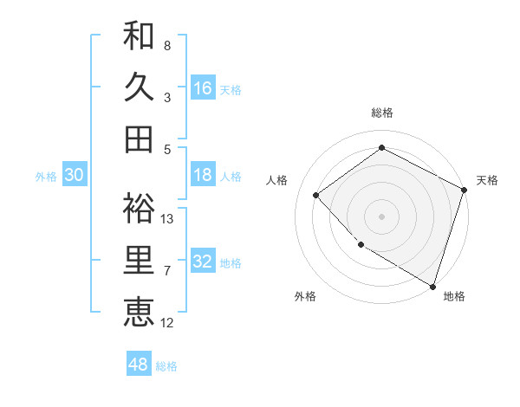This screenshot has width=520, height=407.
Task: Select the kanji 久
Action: point(139,87)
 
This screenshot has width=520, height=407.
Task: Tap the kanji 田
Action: point(139,139)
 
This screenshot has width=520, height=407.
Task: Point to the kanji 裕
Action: point(139,209)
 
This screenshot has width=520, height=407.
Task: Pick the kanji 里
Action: point(139,261)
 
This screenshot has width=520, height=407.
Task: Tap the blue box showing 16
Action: point(203,87)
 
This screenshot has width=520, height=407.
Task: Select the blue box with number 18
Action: point(203,175)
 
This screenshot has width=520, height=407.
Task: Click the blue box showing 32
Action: point(203,262)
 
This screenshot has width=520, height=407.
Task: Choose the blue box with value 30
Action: point(74,175)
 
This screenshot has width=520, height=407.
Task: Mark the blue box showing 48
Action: point(139,365)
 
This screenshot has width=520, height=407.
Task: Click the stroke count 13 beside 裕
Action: point(168,218)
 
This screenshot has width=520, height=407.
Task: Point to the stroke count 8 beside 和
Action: point(167,45)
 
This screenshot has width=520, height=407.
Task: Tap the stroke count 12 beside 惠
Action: point(168,323)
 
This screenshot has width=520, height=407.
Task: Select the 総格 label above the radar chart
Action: point(381,113)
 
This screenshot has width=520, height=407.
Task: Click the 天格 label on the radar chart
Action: point(487,180)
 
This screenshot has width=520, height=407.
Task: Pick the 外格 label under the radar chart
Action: point(305,296)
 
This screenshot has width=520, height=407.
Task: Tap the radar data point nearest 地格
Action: point(432,285)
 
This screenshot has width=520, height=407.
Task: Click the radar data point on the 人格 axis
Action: point(316,195)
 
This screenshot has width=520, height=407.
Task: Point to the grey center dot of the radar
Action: point(381,216)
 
